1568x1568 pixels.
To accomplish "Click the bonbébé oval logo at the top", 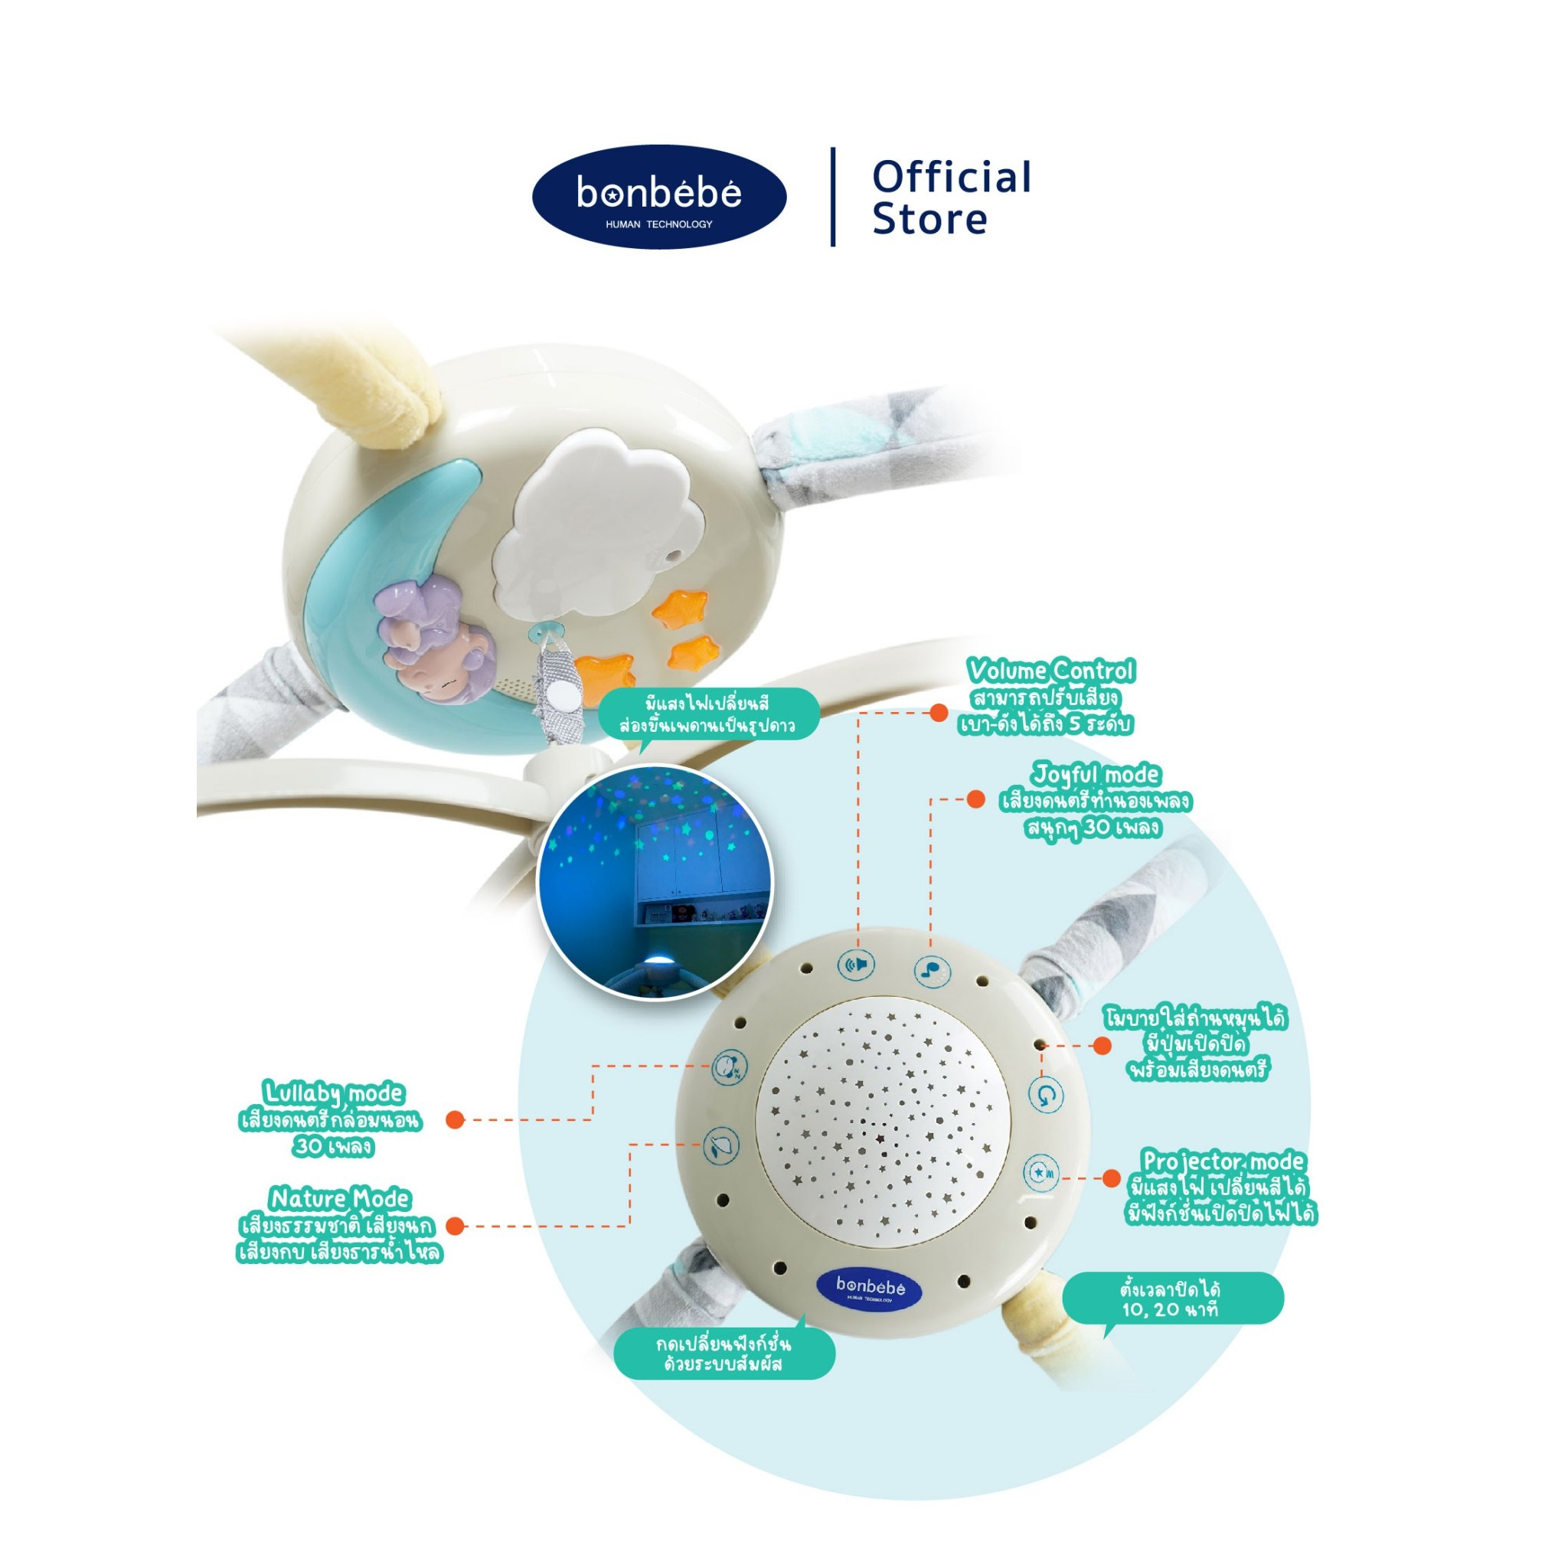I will [659, 197].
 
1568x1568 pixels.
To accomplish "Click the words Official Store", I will [951, 198].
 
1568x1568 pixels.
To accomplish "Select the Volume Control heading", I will [1051, 671].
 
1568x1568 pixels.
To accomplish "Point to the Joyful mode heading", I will [1096, 774].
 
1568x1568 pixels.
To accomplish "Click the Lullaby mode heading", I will [334, 1093].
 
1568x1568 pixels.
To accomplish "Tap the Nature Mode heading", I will [340, 1199].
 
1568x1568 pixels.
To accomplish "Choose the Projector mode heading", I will [1222, 1161].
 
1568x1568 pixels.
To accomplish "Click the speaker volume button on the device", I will [856, 965].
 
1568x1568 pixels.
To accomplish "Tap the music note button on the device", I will [933, 970].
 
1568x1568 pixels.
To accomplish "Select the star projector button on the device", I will [1041, 1173].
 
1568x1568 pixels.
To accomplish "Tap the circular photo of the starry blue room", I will [655, 881].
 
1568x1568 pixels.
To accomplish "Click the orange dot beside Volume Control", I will [939, 713].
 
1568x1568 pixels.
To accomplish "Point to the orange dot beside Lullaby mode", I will [456, 1120].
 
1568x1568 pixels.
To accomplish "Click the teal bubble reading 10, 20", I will [1172, 1298].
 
